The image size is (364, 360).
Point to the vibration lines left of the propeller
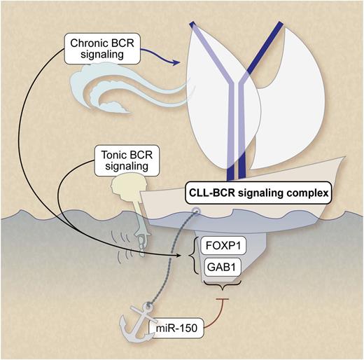pos(127,244)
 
